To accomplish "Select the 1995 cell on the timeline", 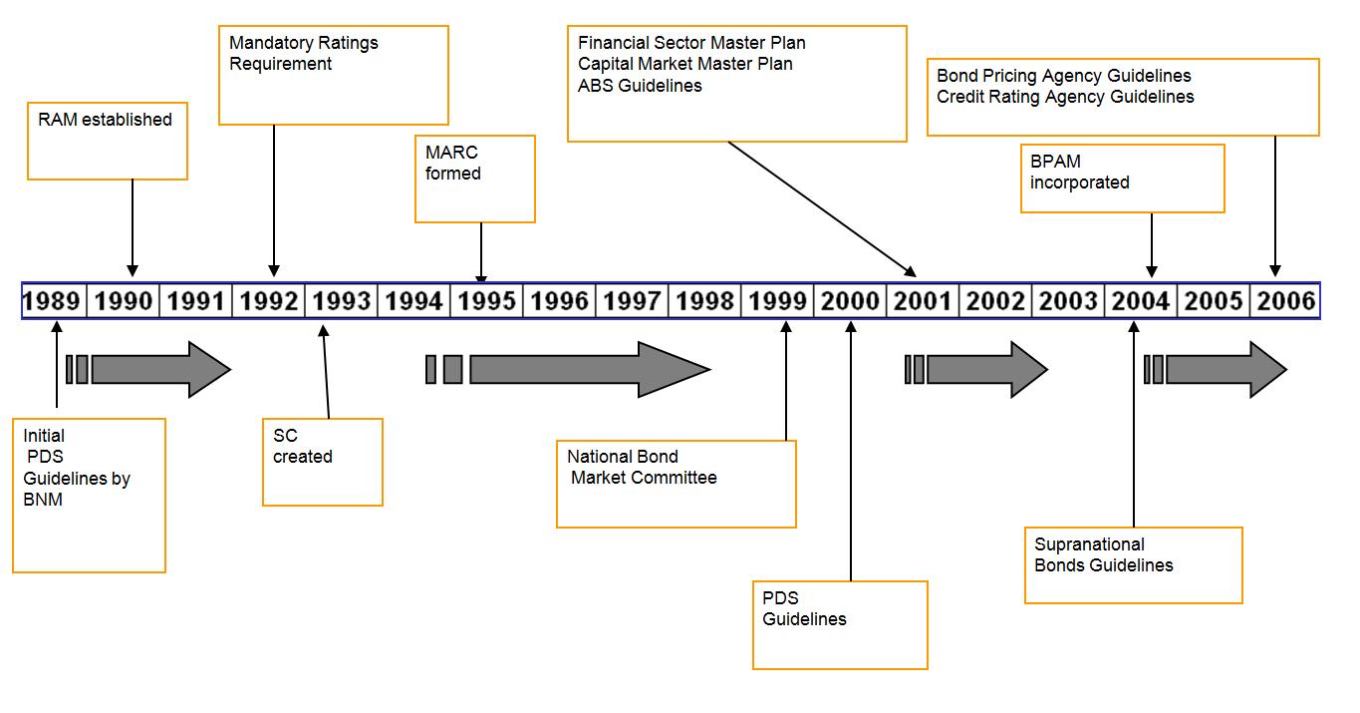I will pyautogui.click(x=486, y=301).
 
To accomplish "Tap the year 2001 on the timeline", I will pyautogui.click(x=923, y=301).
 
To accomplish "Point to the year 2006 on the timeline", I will pyautogui.click(x=1285, y=301).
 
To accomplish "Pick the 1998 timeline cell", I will pyautogui.click(x=704, y=301).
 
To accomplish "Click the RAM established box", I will pyautogui.click(x=108, y=141).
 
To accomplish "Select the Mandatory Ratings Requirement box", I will pyautogui.click(x=333, y=76).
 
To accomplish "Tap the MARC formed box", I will pyautogui.click(x=475, y=178).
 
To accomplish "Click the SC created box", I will pyautogui.click(x=322, y=462).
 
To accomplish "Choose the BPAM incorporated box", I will pyautogui.click(x=1122, y=178).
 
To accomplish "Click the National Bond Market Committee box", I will pyautogui.click(x=676, y=484).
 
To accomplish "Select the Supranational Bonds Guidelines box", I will pyautogui.click(x=1133, y=564).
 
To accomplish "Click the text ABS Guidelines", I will pyautogui.click(x=640, y=86).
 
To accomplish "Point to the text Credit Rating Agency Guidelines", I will pyautogui.click(x=1065, y=97).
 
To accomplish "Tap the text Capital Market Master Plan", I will pyautogui.click(x=685, y=64).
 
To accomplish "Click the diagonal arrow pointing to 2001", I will pyautogui.click(x=822, y=208).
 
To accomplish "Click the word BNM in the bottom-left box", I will pyautogui.click(x=43, y=500).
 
